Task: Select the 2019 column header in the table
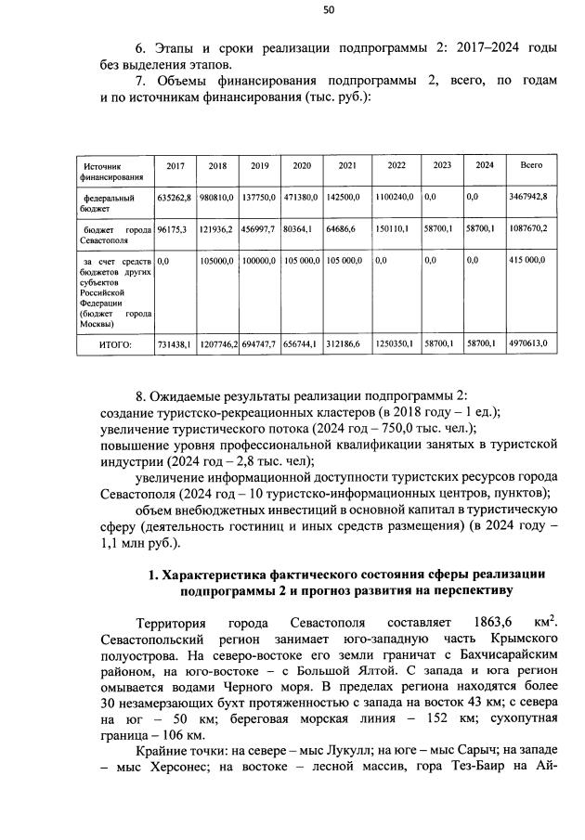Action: [x=259, y=165]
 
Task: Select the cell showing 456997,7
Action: [x=259, y=227]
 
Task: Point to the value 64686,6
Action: [x=346, y=227]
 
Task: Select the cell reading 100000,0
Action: [x=259, y=262]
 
